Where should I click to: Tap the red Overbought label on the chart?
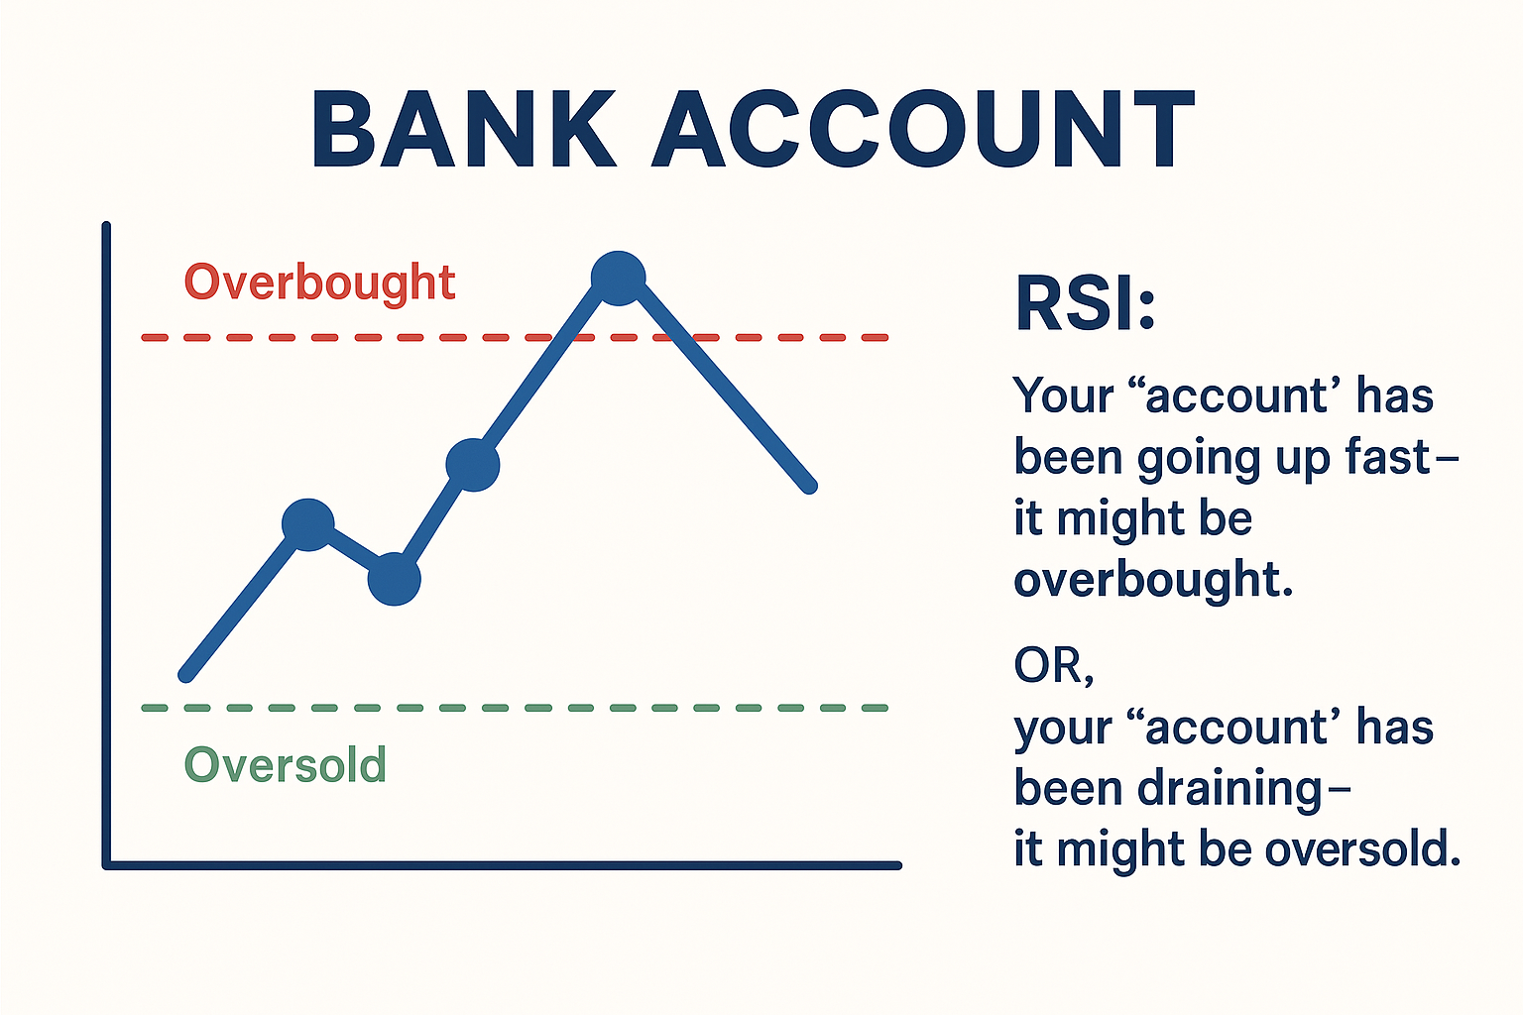pos(319,282)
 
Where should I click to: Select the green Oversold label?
pos(285,764)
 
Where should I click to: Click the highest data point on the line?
pos(618,279)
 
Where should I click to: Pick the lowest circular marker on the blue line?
pos(395,579)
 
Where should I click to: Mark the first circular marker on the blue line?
pos(308,524)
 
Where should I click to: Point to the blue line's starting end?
pos(185,675)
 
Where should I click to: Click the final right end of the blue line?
pos(809,487)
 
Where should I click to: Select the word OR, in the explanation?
pos(1054,665)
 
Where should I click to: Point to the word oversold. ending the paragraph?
pos(1362,849)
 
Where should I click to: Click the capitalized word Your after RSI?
pos(1064,395)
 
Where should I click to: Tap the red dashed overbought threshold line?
pos(515,337)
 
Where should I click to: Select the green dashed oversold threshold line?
pos(515,708)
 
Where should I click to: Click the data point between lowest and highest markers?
pos(473,465)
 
